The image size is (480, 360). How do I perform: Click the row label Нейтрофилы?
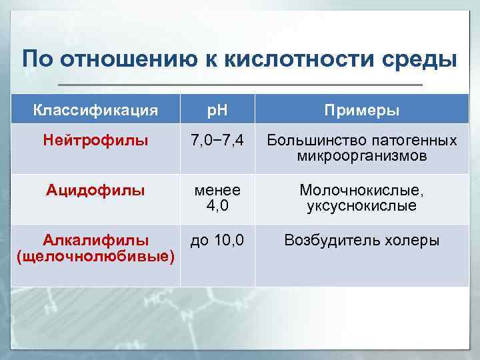point(95,141)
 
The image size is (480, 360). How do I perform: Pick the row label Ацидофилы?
point(95,191)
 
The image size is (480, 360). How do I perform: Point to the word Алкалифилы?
point(96,240)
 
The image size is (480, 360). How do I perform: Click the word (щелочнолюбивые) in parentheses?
point(96,257)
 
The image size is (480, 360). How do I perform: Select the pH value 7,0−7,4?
point(217,141)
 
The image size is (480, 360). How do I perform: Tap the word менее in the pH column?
point(217,191)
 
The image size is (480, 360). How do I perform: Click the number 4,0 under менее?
point(217,207)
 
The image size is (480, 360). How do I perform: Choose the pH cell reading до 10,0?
point(217,240)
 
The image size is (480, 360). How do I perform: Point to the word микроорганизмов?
point(362,157)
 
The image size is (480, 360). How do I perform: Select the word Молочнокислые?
point(362,191)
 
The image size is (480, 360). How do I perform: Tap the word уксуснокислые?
point(362,207)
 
